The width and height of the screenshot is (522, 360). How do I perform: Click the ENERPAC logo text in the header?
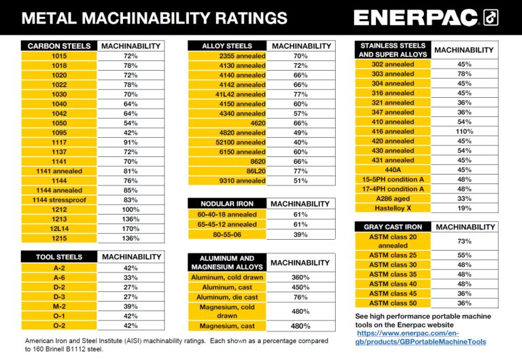pos(417,18)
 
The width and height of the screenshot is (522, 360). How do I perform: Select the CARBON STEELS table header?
pos(59,46)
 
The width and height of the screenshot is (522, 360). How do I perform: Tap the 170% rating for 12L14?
pos(131,229)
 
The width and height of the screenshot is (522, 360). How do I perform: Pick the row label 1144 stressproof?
pos(59,200)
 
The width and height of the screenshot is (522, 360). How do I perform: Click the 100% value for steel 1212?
pos(131,210)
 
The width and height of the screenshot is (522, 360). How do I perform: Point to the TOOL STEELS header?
pos(59,257)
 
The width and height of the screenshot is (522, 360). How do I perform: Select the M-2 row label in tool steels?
pos(59,306)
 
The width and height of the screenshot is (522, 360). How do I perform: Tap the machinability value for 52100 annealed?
pos(300,143)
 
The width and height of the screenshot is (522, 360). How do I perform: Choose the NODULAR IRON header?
pos(226,204)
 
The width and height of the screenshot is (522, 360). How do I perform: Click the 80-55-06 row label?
pos(226,234)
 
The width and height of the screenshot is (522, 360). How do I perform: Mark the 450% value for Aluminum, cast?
pos(300,288)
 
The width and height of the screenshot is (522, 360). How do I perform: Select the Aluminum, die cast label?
pos(226,298)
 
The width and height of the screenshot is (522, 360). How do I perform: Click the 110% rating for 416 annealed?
pos(464,131)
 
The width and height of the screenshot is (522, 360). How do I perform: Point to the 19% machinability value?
pos(464,208)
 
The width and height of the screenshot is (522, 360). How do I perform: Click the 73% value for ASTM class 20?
pos(464,241)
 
